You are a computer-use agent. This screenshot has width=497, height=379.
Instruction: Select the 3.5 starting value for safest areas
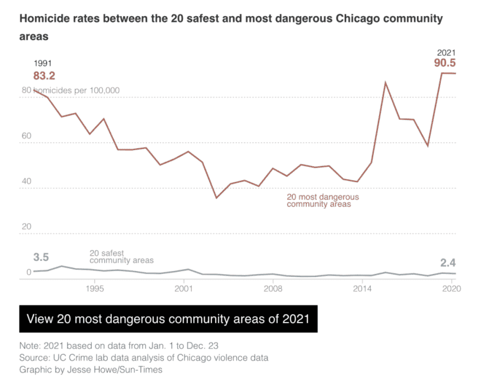pyautogui.click(x=41, y=257)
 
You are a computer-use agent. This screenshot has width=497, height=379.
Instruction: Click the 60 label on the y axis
pyautogui.click(x=27, y=136)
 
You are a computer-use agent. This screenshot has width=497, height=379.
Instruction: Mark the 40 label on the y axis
pyautogui.click(x=27, y=181)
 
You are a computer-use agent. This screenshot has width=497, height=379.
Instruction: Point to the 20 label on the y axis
pyautogui.click(x=27, y=227)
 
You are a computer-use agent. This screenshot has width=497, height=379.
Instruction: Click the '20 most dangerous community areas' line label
pyautogui.click(x=322, y=200)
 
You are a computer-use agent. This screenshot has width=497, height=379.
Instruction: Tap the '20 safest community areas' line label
pyautogui.click(x=121, y=257)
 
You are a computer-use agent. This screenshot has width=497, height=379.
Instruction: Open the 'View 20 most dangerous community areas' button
pyautogui.click(x=168, y=319)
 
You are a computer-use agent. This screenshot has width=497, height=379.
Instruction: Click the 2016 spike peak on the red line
pyautogui.click(x=386, y=82)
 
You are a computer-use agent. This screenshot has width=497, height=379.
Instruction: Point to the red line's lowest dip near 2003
pyautogui.click(x=216, y=198)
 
